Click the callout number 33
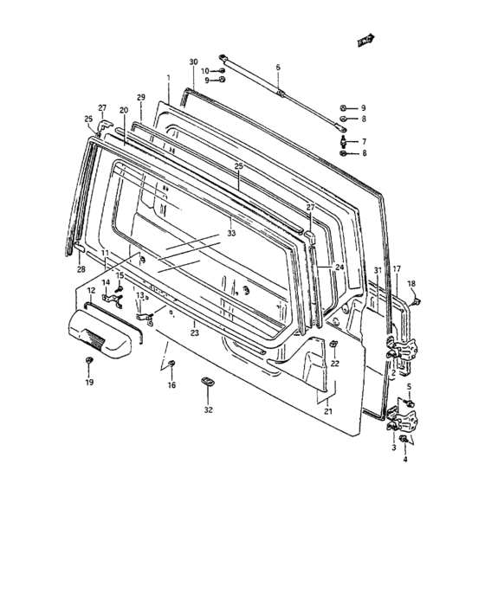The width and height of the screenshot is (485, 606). [231, 233]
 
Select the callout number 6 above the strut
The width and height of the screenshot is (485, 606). [278, 67]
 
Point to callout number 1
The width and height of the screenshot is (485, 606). [168, 77]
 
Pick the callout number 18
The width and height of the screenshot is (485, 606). [412, 284]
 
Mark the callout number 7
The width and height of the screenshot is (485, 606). [364, 141]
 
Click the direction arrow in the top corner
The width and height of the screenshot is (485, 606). [365, 38]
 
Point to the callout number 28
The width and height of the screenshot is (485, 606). [81, 270]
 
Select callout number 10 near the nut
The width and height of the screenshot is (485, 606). [205, 70]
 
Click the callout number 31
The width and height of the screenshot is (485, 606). [378, 271]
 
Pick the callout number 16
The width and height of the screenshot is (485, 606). [171, 384]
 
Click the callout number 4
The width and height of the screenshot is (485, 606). [404, 459]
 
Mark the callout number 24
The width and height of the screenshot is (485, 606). [339, 268]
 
